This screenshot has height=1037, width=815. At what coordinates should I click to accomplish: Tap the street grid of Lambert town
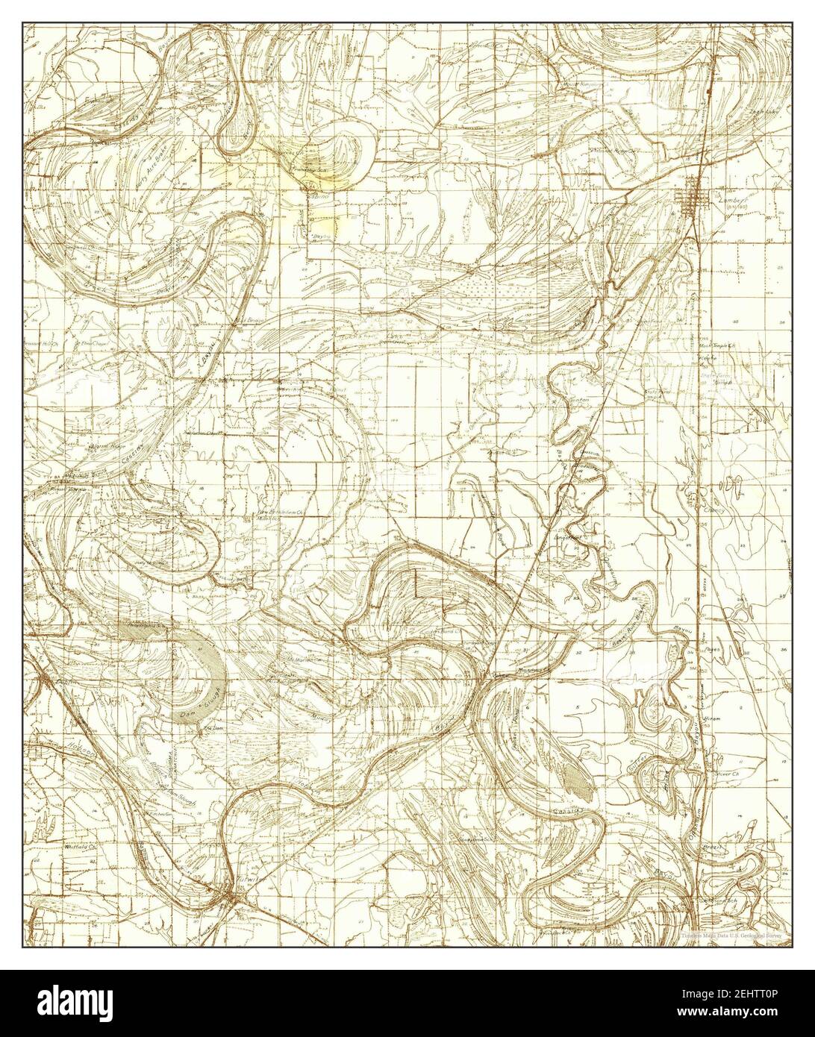pos(691,199)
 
